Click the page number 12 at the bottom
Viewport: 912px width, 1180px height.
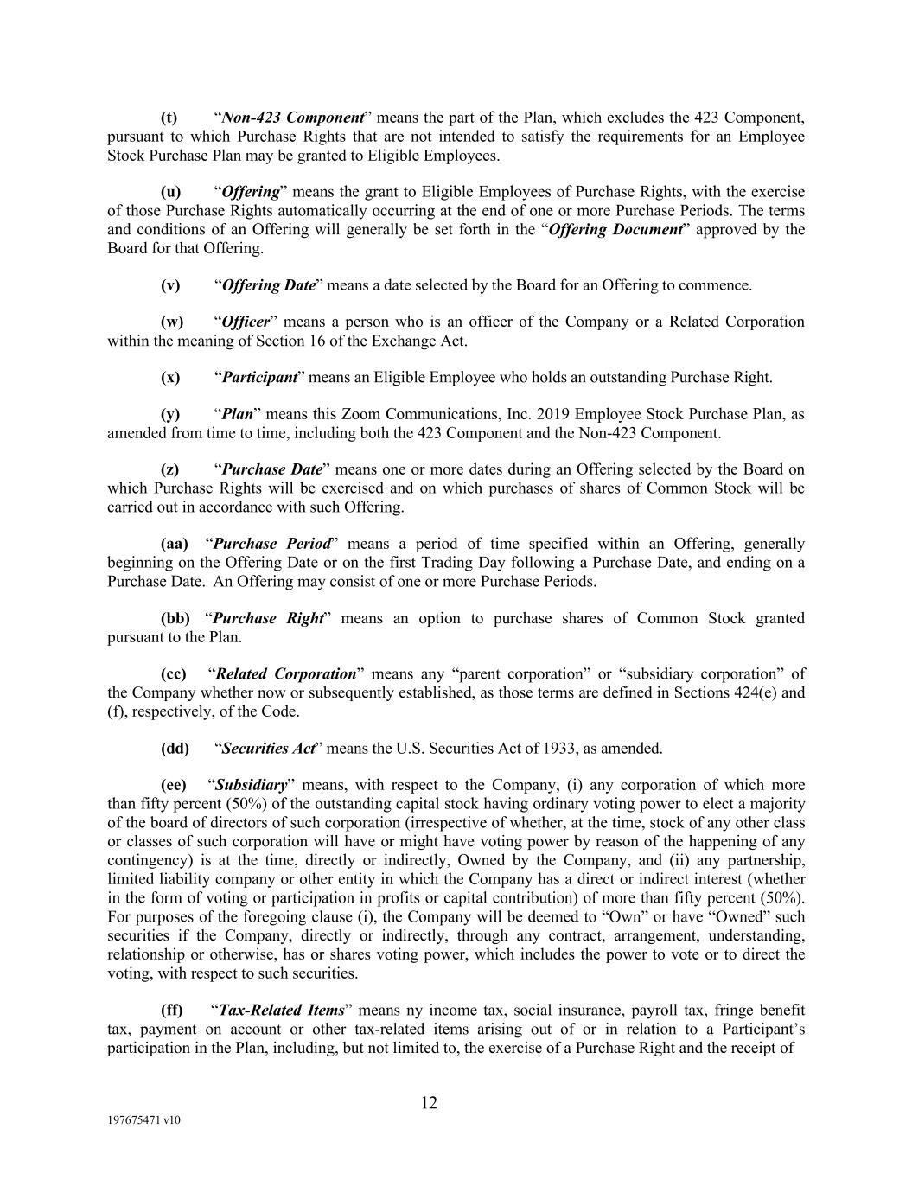(430, 1102)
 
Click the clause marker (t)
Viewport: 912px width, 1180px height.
(169, 118)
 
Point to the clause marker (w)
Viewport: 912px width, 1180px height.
(172, 322)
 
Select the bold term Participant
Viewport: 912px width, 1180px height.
(259, 377)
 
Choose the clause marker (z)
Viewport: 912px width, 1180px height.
(170, 469)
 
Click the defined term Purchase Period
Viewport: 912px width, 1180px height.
(272, 544)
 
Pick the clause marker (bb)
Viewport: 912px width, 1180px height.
(175, 618)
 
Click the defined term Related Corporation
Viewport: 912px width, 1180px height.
(285, 673)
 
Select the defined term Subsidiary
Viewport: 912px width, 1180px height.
(251, 785)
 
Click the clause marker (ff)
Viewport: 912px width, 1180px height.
(172, 1010)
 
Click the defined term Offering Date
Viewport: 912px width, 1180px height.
(268, 285)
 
